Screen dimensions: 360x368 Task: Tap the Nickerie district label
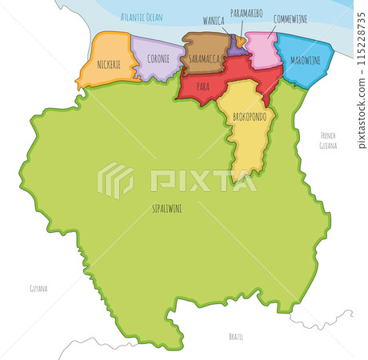[103, 62]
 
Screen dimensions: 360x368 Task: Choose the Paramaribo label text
[246, 14]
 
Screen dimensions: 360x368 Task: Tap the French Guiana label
[329, 140]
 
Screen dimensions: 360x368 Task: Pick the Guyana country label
[38, 287]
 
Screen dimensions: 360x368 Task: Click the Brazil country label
[235, 336]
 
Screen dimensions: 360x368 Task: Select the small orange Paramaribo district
[241, 41]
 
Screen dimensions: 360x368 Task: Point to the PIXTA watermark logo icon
[116, 181]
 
